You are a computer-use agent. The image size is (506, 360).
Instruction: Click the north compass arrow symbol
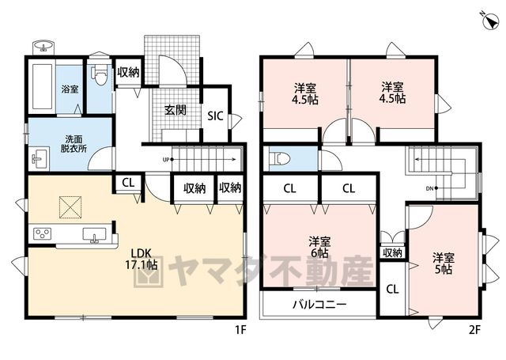(x=490, y=21)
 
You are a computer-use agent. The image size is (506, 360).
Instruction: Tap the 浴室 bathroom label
(x=70, y=89)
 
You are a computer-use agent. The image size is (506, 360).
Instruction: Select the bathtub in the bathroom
(x=42, y=86)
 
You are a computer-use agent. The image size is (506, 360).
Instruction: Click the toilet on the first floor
(x=100, y=75)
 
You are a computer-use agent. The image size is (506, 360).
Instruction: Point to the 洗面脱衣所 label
(x=74, y=144)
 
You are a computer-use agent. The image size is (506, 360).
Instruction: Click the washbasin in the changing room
(x=39, y=158)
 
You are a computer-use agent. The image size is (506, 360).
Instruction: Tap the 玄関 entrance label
(x=176, y=110)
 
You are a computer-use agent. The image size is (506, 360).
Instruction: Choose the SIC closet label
(x=215, y=116)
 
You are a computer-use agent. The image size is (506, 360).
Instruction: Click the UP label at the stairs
(x=166, y=160)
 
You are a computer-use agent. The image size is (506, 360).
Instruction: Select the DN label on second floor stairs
(x=429, y=188)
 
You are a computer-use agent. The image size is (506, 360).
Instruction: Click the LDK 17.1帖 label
(x=141, y=259)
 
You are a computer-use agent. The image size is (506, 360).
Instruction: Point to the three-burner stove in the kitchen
(x=43, y=233)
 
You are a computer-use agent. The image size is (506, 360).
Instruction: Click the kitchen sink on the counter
(x=94, y=234)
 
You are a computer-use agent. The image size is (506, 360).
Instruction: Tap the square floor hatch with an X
(x=70, y=207)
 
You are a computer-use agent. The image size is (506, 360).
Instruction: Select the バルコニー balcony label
(x=319, y=304)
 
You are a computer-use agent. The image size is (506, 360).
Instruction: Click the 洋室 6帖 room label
(x=319, y=247)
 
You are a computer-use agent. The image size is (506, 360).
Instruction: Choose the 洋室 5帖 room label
(x=444, y=263)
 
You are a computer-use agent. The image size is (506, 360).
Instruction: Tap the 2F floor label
(x=474, y=330)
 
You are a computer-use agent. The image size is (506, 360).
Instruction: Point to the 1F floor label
(x=240, y=330)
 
